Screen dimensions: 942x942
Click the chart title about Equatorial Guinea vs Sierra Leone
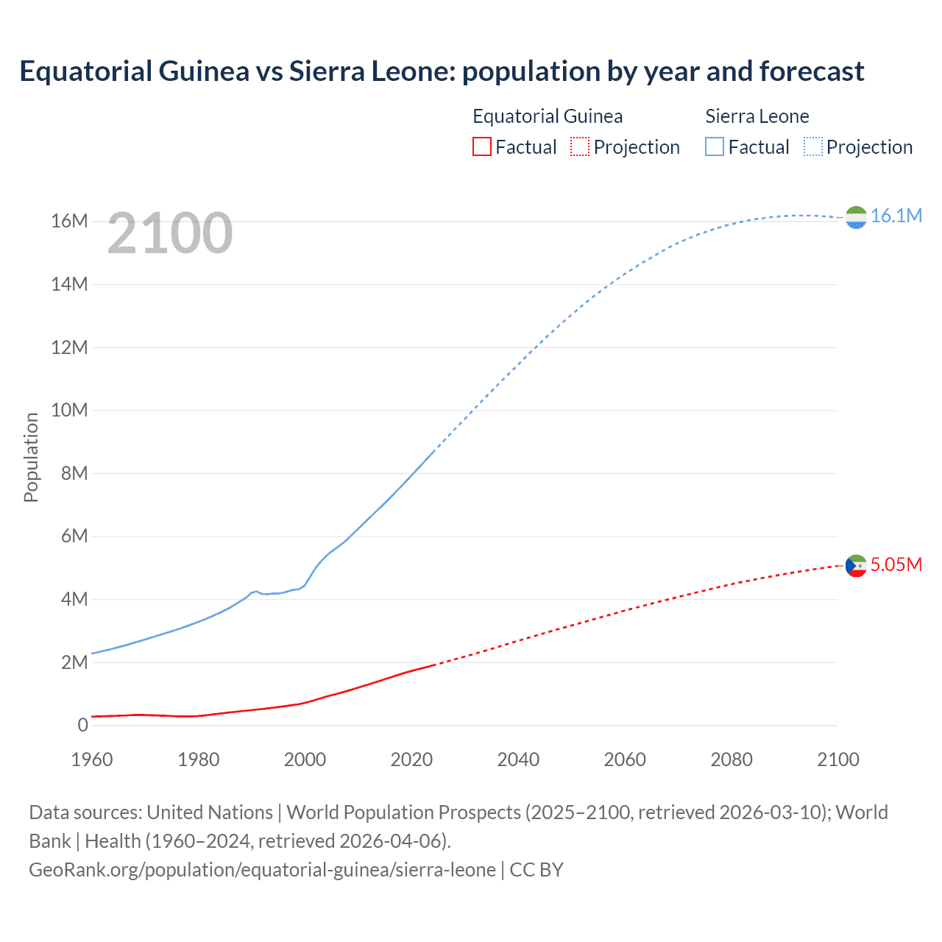click(x=442, y=71)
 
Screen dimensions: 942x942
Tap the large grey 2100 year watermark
click(x=170, y=233)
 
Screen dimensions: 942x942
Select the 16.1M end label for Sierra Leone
click(x=896, y=216)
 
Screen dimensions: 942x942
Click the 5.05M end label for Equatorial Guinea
click(x=896, y=564)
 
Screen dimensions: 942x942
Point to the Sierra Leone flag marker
click(x=856, y=217)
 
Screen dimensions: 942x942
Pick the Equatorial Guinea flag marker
click(x=856, y=566)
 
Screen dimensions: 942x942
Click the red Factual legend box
click(x=482, y=147)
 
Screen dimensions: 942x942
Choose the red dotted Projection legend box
click(x=580, y=147)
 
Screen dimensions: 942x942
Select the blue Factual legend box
click(x=715, y=147)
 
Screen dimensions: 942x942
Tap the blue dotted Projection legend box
click(x=813, y=147)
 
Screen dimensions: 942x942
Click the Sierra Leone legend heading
click(x=757, y=116)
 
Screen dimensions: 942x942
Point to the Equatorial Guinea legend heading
click(x=548, y=116)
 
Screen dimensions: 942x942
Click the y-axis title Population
click(x=31, y=457)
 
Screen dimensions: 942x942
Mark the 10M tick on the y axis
click(x=69, y=410)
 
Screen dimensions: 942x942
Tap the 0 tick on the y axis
click(x=82, y=725)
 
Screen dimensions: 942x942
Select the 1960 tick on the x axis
click(x=92, y=759)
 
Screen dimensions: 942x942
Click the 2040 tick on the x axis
click(x=518, y=759)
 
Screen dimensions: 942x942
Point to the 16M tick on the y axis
click(x=69, y=221)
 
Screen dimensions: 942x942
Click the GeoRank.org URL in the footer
click(x=262, y=870)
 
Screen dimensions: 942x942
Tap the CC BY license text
click(x=536, y=870)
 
